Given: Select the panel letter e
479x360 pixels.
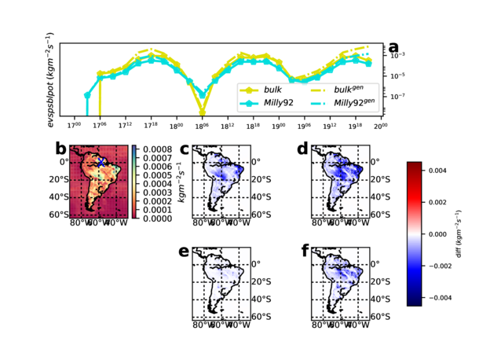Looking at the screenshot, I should pyautogui.click(x=184, y=252).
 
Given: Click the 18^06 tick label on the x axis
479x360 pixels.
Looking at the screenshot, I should pyautogui.click(x=202, y=125).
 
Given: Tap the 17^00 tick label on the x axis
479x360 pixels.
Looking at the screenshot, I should pyautogui.click(x=75, y=125).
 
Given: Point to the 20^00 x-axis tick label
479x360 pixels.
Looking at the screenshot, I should pyautogui.click(x=380, y=125).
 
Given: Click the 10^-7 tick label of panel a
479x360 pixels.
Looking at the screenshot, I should pyautogui.click(x=398, y=97).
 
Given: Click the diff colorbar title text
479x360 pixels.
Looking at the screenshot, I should pyautogui.click(x=465, y=234).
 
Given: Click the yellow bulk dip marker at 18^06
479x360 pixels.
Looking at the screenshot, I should pyautogui.click(x=202, y=112).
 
